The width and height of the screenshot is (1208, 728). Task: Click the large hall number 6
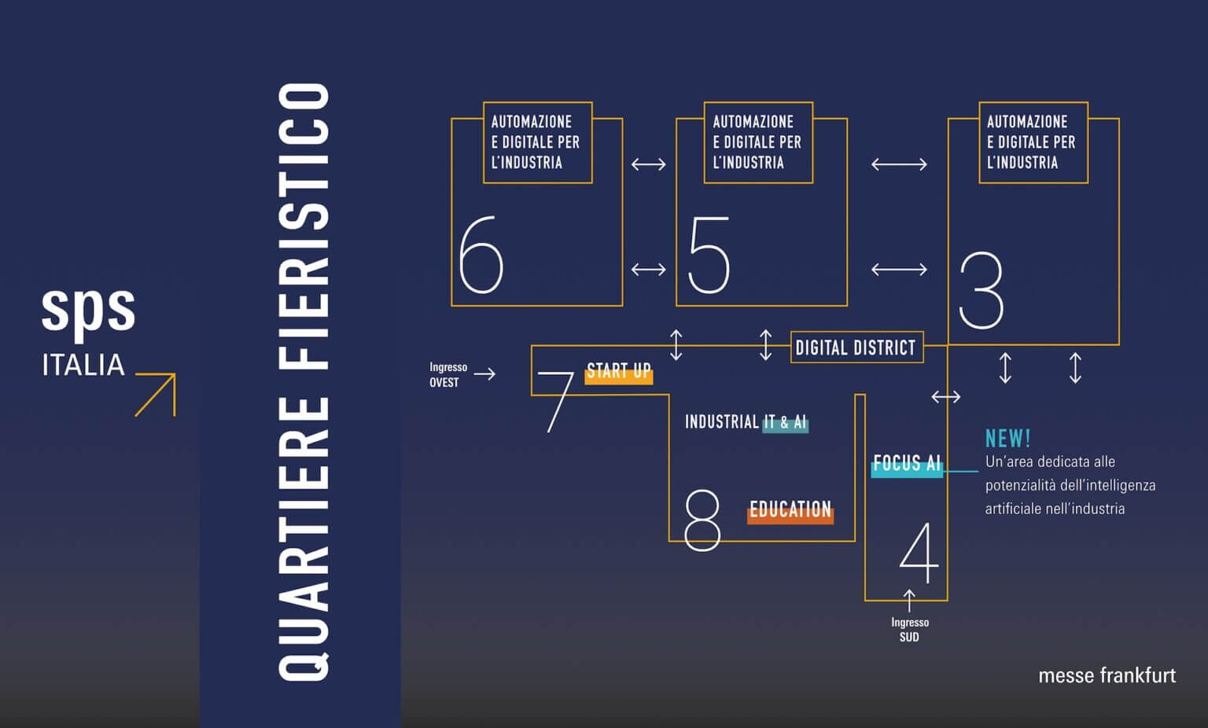(x=481, y=254)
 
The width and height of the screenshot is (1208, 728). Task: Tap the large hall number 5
(x=709, y=254)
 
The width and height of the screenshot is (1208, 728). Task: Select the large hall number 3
(x=981, y=290)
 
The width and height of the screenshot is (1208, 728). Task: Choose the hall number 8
(x=702, y=519)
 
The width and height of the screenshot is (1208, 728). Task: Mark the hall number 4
(x=919, y=553)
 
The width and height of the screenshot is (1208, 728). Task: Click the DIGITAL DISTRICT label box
(x=856, y=347)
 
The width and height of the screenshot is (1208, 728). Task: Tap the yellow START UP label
(x=619, y=371)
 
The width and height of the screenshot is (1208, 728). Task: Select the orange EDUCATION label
(x=790, y=510)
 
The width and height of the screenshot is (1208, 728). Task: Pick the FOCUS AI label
(x=906, y=464)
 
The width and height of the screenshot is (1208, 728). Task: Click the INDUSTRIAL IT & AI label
(x=745, y=422)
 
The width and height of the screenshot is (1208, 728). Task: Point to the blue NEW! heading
(x=1007, y=438)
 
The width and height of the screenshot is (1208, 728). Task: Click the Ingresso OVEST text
(x=447, y=374)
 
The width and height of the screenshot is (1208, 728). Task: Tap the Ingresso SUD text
(x=909, y=629)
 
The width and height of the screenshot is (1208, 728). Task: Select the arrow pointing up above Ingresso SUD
(x=909, y=600)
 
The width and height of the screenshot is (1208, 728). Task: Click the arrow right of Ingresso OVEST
(x=484, y=373)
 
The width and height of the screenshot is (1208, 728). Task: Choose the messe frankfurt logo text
(x=1107, y=675)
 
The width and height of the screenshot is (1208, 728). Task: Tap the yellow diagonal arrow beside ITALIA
(x=156, y=394)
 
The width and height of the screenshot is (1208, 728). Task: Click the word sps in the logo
(x=88, y=308)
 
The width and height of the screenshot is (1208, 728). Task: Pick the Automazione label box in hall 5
(x=757, y=142)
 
